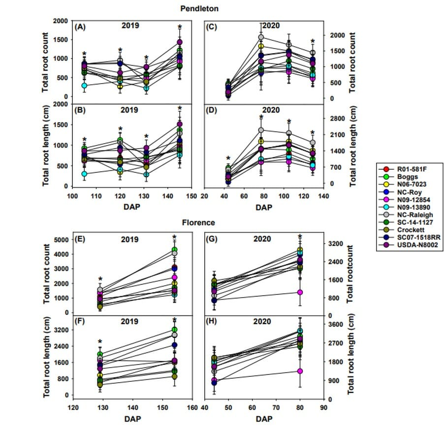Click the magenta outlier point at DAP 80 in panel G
pos(299,292)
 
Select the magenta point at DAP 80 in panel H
pos(299,371)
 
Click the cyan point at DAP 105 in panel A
pos(85,86)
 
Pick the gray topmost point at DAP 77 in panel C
pos(261,37)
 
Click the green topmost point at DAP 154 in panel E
pos(174,250)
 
